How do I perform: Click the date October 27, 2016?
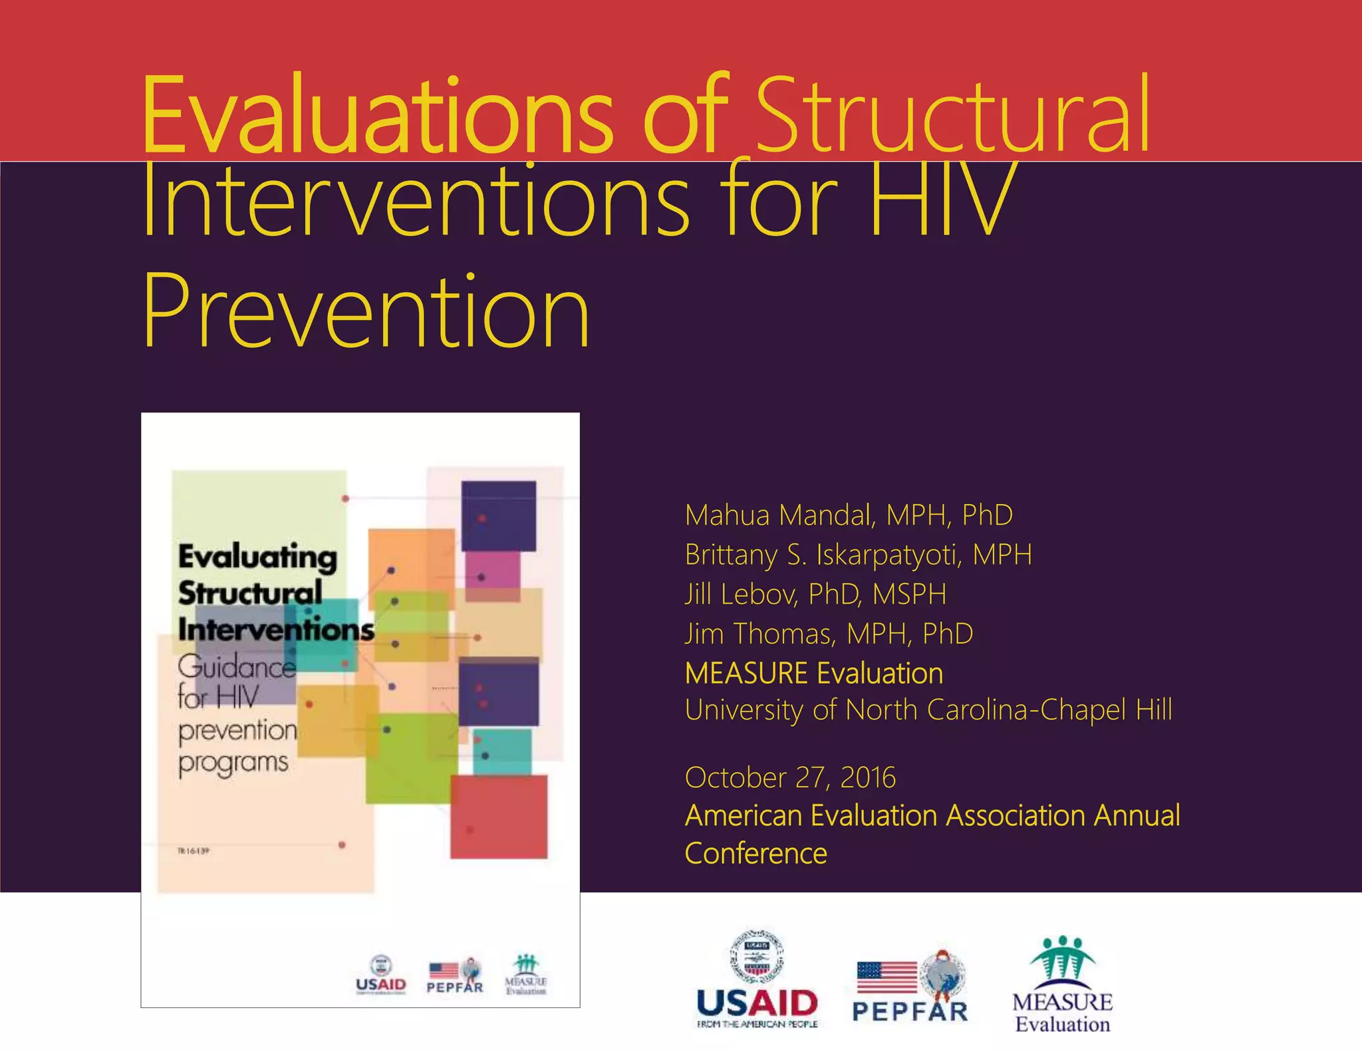790,777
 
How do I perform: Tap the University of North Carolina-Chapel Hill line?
928,710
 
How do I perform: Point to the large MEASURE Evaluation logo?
1062,985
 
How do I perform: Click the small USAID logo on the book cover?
380,975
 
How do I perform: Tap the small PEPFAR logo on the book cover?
455,976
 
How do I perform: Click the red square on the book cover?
499,817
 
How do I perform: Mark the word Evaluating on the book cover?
257,557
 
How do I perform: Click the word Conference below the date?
755,854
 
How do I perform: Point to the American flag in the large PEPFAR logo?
887,977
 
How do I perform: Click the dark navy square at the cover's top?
499,515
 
